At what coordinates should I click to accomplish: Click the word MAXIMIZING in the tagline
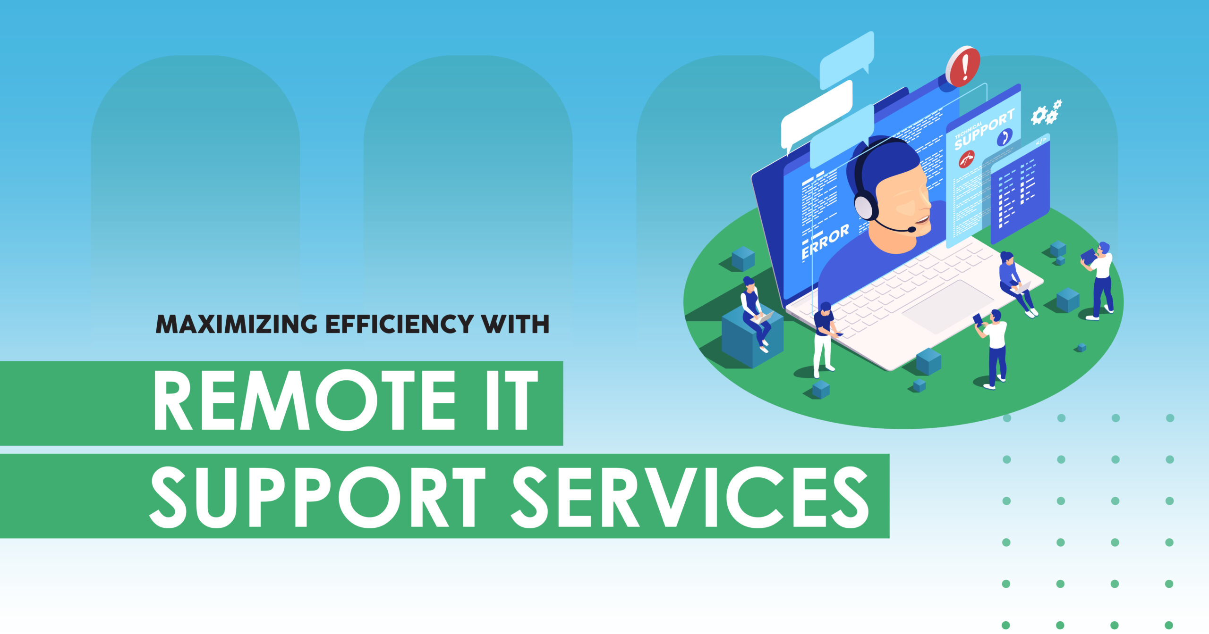pyautogui.click(x=237, y=324)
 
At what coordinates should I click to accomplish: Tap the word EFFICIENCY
pyautogui.click(x=400, y=324)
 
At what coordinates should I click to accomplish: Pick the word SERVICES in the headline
pyautogui.click(x=690, y=497)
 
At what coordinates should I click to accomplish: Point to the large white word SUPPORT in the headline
pyautogui.click(x=318, y=497)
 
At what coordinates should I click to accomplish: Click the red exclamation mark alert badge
pyautogui.click(x=963, y=66)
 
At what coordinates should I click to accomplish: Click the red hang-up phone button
pyautogui.click(x=966, y=159)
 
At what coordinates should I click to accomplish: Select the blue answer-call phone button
pyautogui.click(x=1005, y=137)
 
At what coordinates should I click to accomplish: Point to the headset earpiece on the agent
pyautogui.click(x=866, y=206)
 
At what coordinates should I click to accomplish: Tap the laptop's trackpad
pyautogui.click(x=948, y=307)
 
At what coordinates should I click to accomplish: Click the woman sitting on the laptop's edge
pyautogui.click(x=1017, y=283)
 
